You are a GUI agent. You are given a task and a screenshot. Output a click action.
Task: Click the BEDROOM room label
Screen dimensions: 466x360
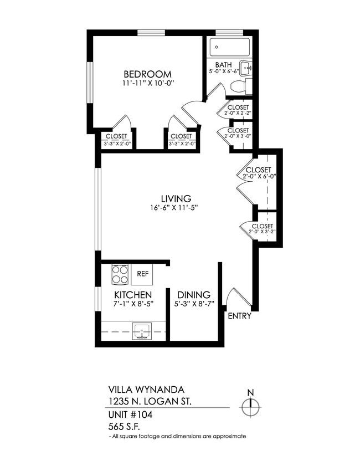(x=147, y=74)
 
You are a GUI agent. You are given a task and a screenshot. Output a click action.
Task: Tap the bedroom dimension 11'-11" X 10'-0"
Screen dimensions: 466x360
(x=147, y=84)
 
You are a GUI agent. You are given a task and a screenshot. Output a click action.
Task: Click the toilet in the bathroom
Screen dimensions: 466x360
(x=239, y=86)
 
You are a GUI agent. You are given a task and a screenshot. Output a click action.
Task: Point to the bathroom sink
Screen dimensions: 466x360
(x=248, y=68)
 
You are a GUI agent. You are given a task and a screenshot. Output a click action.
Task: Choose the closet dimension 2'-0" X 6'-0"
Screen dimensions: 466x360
(x=259, y=176)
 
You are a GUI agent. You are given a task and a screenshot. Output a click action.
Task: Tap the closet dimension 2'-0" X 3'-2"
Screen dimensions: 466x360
(x=262, y=233)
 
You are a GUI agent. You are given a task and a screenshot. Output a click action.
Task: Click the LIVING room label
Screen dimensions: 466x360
(x=176, y=198)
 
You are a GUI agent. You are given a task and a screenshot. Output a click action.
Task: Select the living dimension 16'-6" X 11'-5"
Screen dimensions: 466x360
(x=173, y=208)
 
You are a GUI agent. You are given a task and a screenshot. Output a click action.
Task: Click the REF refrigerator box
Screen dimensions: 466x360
(x=142, y=274)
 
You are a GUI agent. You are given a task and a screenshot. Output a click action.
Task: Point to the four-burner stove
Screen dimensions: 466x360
(x=121, y=274)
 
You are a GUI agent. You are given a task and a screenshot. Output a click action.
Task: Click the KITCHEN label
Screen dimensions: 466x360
(x=133, y=295)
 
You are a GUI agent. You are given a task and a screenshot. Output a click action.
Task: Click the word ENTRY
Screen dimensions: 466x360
(x=240, y=316)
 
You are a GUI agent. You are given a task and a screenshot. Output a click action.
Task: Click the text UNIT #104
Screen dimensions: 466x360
(x=130, y=414)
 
